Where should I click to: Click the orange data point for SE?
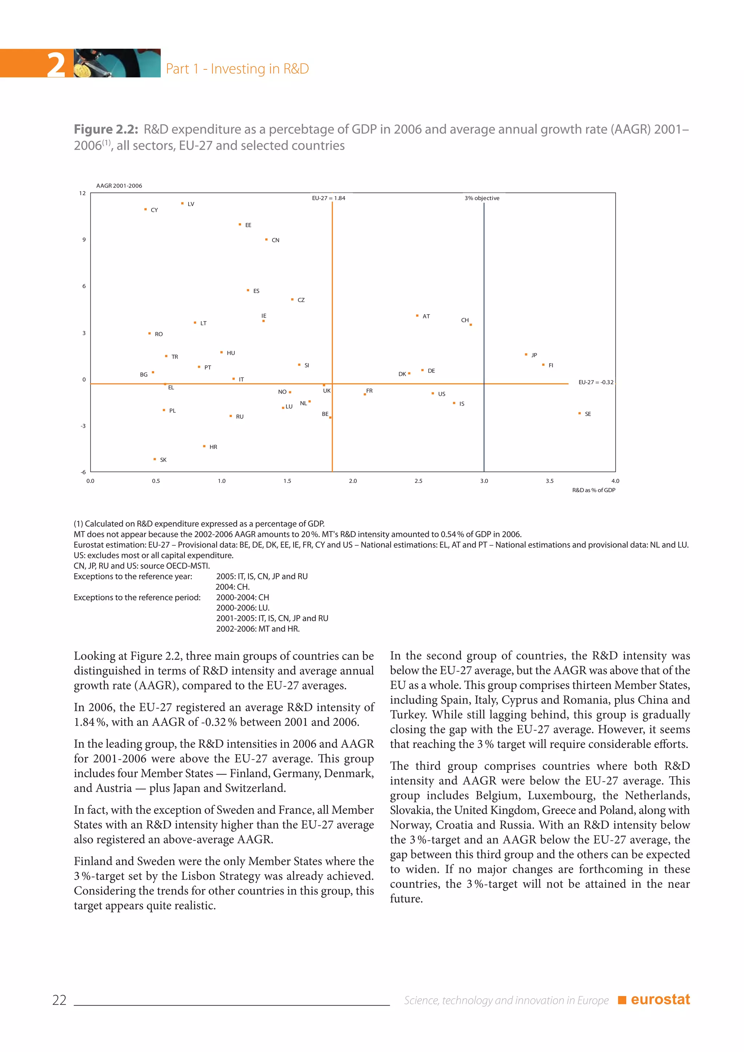(579, 413)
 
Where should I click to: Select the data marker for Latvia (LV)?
(182, 203)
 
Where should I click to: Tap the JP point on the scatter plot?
(526, 355)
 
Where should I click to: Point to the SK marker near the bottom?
(155, 459)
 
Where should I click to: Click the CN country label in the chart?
(275, 240)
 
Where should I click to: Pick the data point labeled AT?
(417, 316)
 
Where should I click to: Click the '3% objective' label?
(482, 198)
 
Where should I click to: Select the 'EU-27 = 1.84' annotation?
(328, 198)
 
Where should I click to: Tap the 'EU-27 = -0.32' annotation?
(595, 382)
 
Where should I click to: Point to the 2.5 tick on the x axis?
(418, 481)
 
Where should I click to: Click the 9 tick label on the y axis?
(84, 240)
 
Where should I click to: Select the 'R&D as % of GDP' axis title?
(593, 490)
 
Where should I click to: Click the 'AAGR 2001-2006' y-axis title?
(119, 186)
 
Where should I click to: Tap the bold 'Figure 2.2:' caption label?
(106, 130)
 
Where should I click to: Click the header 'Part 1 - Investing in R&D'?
(237, 69)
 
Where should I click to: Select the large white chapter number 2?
(56, 65)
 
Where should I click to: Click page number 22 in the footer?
(60, 1000)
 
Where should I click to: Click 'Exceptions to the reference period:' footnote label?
(137, 598)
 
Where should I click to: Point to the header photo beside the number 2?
(117, 63)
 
